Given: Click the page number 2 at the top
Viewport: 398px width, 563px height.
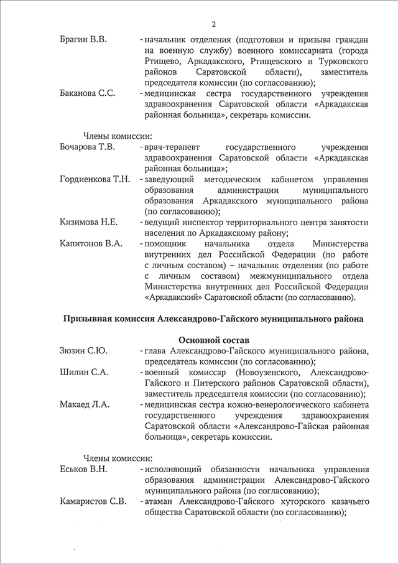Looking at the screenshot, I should pos(213,25).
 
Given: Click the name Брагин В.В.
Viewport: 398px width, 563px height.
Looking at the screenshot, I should pos(83,40).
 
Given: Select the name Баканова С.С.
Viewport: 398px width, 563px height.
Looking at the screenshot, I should pos(87,94).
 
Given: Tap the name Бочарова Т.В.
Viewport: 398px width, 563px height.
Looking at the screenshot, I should pos(88,147).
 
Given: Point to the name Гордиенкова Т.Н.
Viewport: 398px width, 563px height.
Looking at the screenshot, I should pos(95,180).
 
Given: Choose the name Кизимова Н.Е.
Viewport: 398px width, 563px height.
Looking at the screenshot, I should pos(89,222).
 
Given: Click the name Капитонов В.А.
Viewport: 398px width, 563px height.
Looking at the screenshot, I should pos(90,243).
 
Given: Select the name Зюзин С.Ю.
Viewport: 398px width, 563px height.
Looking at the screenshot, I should pos(83,351).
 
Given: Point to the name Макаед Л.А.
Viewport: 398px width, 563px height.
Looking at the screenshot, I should pos(85,404).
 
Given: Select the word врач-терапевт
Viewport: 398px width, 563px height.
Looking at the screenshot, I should pos(170,147).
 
